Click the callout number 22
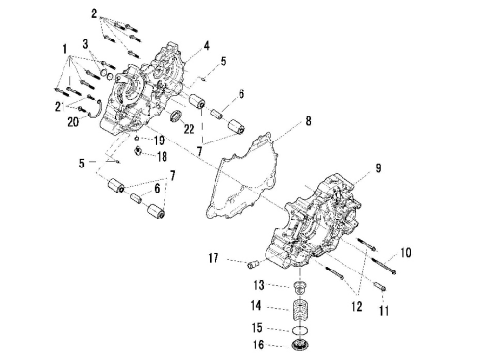pyautogui.click(x=189, y=129)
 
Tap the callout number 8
pyautogui.click(x=308, y=121)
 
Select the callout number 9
pyautogui.click(x=378, y=168)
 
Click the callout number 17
pyautogui.click(x=214, y=258)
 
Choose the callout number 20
pyautogui.click(x=73, y=122)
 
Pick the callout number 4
pyautogui.click(x=207, y=46)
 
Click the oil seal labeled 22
pyautogui.click(x=175, y=116)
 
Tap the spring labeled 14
pyautogui.click(x=301, y=310)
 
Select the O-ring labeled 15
pyautogui.click(x=301, y=329)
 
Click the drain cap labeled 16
pyautogui.click(x=301, y=344)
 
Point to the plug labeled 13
pyautogui.click(x=300, y=287)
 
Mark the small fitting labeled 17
pyautogui.click(x=252, y=265)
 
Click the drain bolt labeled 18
pyautogui.click(x=139, y=150)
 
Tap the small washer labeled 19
pyautogui.click(x=137, y=138)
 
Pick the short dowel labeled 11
pyautogui.click(x=380, y=286)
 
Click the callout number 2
pyautogui.click(x=94, y=13)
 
